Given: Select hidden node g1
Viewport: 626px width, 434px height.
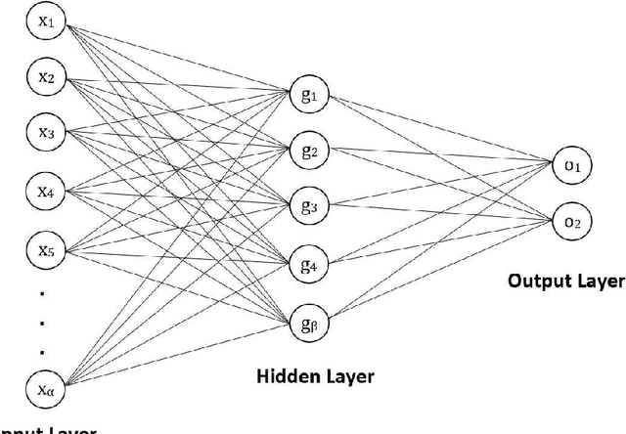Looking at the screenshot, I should tap(311, 96).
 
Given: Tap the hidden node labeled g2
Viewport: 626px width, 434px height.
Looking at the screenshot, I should tap(311, 151).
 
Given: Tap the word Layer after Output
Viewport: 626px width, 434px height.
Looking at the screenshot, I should tap(599, 282).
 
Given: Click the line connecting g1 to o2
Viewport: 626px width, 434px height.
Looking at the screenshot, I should tap(440, 158).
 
